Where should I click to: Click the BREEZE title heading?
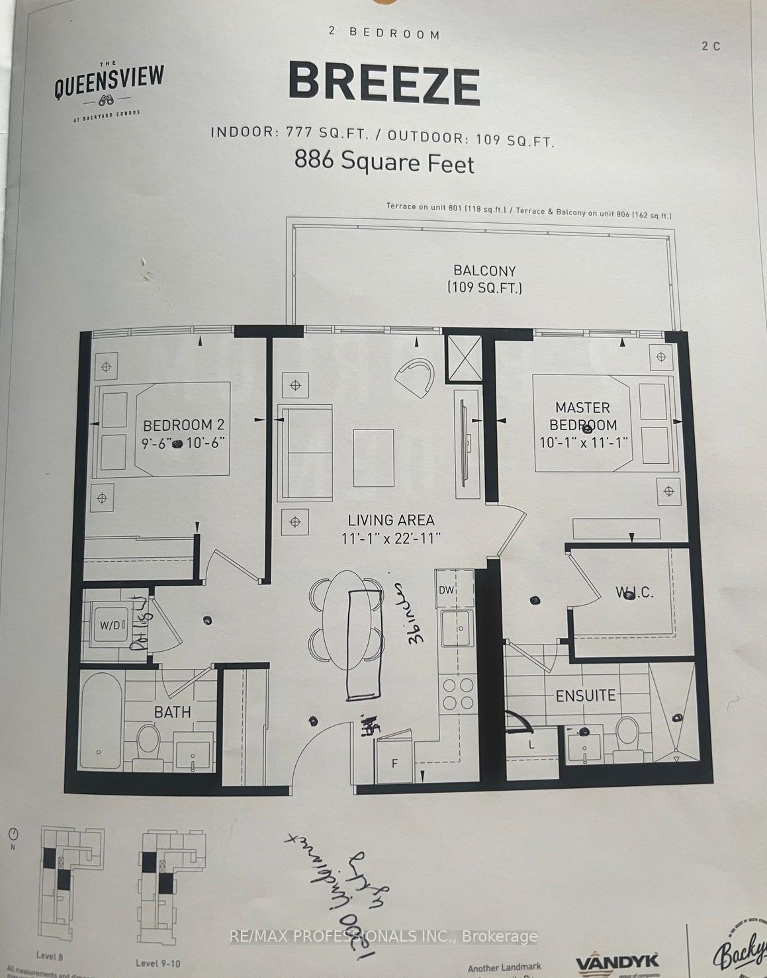[x=384, y=84]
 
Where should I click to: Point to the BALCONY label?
[x=484, y=271]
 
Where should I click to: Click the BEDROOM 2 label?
[x=179, y=425]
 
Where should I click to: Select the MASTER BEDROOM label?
[x=582, y=416]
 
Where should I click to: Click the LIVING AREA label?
[x=391, y=521]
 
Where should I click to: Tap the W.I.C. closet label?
[x=634, y=592]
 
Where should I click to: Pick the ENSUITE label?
[x=585, y=695]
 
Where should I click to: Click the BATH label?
[x=172, y=712]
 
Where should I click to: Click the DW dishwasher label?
[x=447, y=590]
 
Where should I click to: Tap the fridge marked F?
[x=395, y=763]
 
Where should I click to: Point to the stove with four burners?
[x=457, y=693]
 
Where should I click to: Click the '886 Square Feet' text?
[x=384, y=162]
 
